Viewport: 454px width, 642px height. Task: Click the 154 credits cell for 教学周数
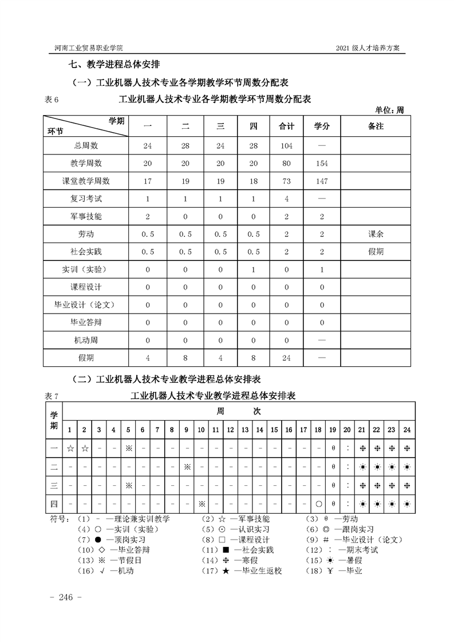(x=322, y=163)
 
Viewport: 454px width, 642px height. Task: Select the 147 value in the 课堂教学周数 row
(x=322, y=181)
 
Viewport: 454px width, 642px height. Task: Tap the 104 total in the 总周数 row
(x=287, y=145)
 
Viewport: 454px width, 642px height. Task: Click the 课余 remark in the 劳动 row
(x=376, y=234)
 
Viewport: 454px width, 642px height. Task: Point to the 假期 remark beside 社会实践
(x=376, y=252)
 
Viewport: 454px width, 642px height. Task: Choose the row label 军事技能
(x=86, y=216)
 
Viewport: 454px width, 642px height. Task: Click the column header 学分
(x=322, y=126)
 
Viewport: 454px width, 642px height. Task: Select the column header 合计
(x=287, y=126)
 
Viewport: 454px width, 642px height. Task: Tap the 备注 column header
(x=376, y=126)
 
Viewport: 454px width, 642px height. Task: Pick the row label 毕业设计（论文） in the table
(x=86, y=305)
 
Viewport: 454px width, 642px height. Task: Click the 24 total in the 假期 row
(x=287, y=358)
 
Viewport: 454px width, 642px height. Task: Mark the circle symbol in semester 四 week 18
(x=318, y=504)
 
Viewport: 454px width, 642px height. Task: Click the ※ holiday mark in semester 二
(x=187, y=467)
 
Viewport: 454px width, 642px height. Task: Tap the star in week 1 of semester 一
(x=70, y=449)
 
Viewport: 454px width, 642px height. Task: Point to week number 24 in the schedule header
(x=406, y=430)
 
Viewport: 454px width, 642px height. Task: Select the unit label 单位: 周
(x=389, y=110)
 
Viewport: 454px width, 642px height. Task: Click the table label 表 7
(x=52, y=396)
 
